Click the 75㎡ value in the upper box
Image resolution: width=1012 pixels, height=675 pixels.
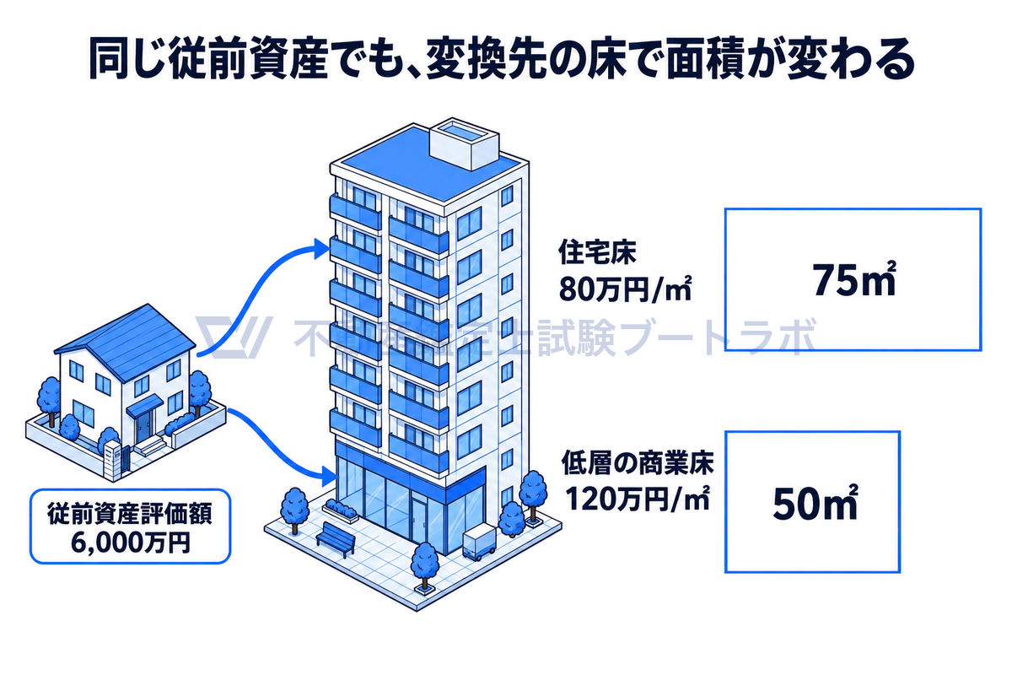pyautogui.click(x=853, y=279)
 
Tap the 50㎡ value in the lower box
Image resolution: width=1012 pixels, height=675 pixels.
pyautogui.click(x=815, y=502)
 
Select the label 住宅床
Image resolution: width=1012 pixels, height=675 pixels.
pyautogui.click(x=597, y=252)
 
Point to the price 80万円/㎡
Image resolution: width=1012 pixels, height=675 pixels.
pyautogui.click(x=625, y=289)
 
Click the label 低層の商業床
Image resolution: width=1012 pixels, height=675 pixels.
pyautogui.click(x=638, y=462)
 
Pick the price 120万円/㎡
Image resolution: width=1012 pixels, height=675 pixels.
pyautogui.click(x=638, y=499)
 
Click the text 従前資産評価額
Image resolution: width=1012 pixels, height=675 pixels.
pyautogui.click(x=130, y=513)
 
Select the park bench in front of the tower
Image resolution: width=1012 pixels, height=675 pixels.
pyautogui.click(x=336, y=539)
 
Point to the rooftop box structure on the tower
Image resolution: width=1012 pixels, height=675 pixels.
pyautogui.click(x=464, y=143)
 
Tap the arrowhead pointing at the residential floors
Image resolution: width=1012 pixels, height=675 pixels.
pyautogui.click(x=321, y=249)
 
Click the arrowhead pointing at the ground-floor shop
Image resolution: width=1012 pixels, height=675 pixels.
pyautogui.click(x=329, y=476)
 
